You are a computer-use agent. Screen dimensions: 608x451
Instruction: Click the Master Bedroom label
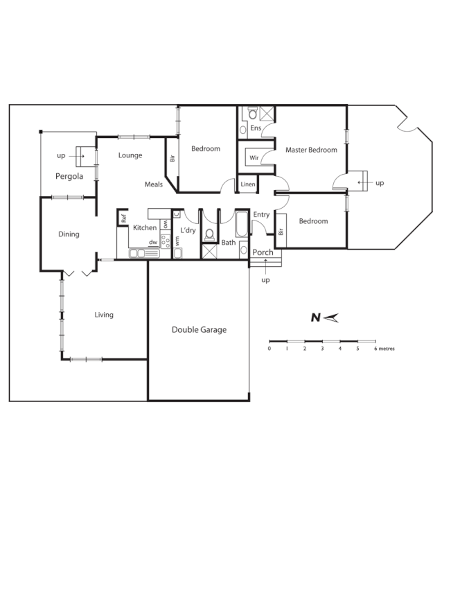[x=311, y=150]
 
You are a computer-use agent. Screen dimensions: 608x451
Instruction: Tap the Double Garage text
[x=199, y=330]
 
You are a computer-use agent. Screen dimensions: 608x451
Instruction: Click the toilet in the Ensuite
[x=253, y=112]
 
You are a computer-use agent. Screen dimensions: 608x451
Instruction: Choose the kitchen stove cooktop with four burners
[x=166, y=241]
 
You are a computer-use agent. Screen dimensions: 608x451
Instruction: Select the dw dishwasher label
[x=152, y=242]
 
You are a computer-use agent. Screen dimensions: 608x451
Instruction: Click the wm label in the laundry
[x=177, y=239]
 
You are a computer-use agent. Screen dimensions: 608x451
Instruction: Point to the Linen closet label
[x=247, y=184]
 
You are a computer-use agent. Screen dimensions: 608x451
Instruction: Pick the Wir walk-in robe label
[x=254, y=157]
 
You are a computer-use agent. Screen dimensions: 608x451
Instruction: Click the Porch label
[x=263, y=252]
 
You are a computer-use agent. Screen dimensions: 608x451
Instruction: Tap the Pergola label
[x=69, y=176]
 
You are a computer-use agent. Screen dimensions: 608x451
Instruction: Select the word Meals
[x=154, y=184]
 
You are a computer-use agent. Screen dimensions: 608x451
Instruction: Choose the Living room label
[x=104, y=315]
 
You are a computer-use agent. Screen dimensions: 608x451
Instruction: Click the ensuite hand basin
[x=243, y=129]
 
